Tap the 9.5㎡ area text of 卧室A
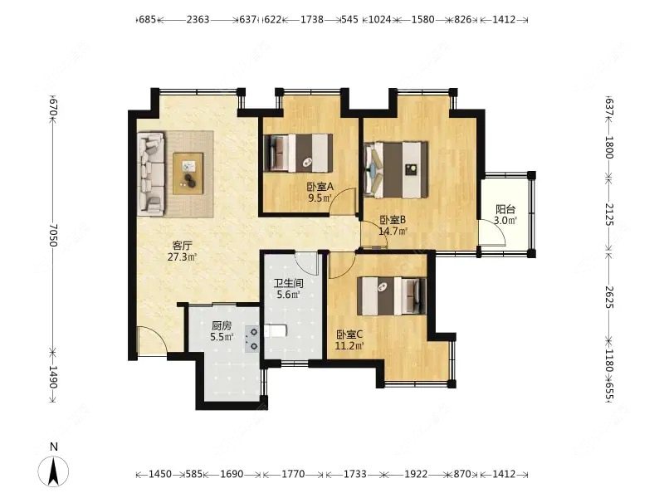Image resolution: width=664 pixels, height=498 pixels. pyautogui.click(x=320, y=198)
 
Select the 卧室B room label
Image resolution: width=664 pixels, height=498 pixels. pyautogui.click(x=393, y=220)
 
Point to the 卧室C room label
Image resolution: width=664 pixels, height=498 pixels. pyautogui.click(x=349, y=334)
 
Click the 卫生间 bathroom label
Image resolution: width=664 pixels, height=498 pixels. pyautogui.click(x=288, y=283)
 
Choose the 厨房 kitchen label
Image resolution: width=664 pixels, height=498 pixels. pyautogui.click(x=222, y=325)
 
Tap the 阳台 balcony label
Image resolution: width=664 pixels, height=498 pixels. pyautogui.click(x=505, y=209)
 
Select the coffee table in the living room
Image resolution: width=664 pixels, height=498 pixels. pyautogui.click(x=188, y=173)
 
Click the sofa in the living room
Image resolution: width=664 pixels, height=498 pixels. pyautogui.click(x=150, y=173)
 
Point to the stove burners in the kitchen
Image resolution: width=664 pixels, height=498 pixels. pyautogui.click(x=252, y=339)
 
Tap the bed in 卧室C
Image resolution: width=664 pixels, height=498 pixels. pyautogui.click(x=392, y=296)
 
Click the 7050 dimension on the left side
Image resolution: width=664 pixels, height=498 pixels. pyautogui.click(x=52, y=236)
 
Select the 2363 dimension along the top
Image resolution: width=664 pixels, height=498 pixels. pyautogui.click(x=198, y=19)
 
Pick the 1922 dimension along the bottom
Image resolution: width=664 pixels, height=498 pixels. pyautogui.click(x=416, y=474)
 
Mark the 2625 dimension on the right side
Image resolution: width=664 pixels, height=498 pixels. pyautogui.click(x=609, y=296)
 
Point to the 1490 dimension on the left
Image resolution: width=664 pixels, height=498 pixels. pyautogui.click(x=53, y=377)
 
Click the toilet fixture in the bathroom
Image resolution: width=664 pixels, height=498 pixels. pyautogui.click(x=276, y=330)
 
